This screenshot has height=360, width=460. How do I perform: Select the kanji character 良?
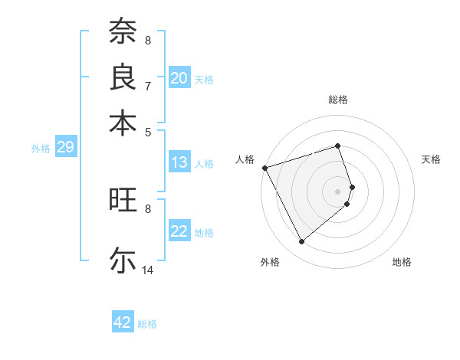coord(123,77)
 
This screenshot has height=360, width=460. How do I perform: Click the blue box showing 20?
coord(179,78)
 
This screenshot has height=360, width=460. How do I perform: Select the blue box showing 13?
coord(179,162)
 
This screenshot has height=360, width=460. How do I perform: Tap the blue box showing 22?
coord(179,232)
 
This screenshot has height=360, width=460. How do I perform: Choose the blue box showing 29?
coord(65,148)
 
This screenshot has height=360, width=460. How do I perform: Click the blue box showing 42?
coord(123,322)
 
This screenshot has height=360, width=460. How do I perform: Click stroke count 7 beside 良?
coord(148,86)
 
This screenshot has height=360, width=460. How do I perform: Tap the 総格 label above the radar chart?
coord(338,100)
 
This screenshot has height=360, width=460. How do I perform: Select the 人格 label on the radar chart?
coord(245,159)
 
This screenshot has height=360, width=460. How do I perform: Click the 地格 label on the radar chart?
coord(402,262)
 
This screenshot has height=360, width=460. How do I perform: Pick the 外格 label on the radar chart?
coord(270,262)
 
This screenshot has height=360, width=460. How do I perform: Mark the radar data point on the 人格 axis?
coord(264,167)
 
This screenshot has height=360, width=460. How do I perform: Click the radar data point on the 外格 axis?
coord(301,242)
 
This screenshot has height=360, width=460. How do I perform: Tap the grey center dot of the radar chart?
coord(338,191)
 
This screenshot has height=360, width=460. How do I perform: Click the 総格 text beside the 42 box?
coord(147,324)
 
